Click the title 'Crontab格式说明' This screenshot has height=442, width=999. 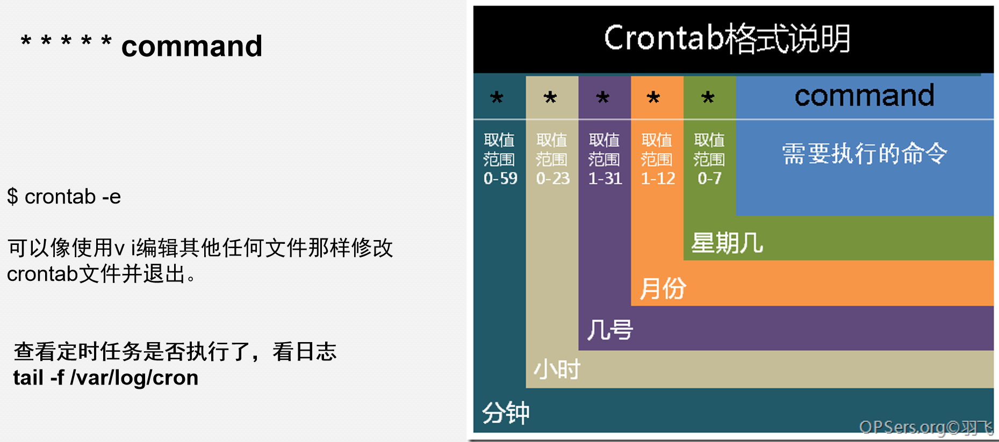coord(727,38)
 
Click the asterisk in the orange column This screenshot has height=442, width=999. coord(653,98)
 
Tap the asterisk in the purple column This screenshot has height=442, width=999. coord(603,98)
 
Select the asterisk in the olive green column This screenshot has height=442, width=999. coord(708,98)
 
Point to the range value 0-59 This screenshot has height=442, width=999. coord(500,178)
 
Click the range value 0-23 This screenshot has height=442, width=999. coord(553,178)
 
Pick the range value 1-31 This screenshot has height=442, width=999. coord(605,178)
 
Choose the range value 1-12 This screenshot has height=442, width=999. coord(658,178)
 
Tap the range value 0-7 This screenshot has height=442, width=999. coord(709,178)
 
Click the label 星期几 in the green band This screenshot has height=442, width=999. coord(727,243)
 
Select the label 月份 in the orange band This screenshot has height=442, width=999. coord(663,288)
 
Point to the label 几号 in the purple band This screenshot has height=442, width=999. coord(610,330)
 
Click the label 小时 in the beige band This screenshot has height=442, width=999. coord(557,369)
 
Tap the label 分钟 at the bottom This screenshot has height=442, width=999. coord(506,413)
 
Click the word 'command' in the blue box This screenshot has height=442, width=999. coord(864,96)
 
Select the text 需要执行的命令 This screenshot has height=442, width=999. coord(864,154)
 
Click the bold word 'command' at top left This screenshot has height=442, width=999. coord(192,46)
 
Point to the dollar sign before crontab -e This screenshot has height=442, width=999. coord(12,197)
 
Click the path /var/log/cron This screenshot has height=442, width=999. coord(134,378)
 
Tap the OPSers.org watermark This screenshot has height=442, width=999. coord(925,427)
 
